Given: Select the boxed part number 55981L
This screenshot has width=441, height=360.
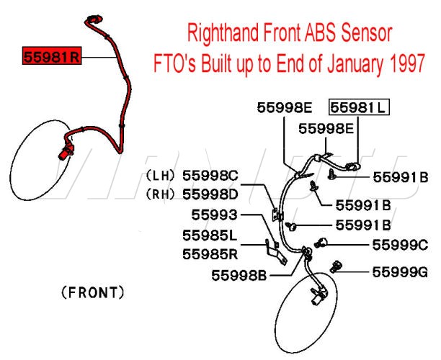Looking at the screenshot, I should pyautogui.click(x=359, y=108).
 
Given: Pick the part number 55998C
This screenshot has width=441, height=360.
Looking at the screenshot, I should pyautogui.click(x=210, y=176).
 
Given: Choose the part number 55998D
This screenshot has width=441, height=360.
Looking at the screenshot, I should pyautogui.click(x=210, y=194).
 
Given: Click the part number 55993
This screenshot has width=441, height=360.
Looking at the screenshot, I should pyautogui.click(x=214, y=215).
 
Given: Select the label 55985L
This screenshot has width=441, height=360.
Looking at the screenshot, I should pyautogui.click(x=210, y=235).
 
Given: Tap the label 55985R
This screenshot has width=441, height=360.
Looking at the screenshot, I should pyautogui.click(x=210, y=253).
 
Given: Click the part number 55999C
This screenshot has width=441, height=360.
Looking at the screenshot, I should pyautogui.click(x=400, y=245).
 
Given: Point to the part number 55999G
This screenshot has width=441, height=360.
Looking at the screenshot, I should pyautogui.click(x=400, y=272).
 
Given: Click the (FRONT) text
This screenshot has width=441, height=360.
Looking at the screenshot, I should pyautogui.click(x=93, y=292).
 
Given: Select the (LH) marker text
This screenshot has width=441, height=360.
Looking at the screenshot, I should pyautogui.click(x=161, y=176).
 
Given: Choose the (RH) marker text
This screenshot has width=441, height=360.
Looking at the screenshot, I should pyautogui.click(x=161, y=194).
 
